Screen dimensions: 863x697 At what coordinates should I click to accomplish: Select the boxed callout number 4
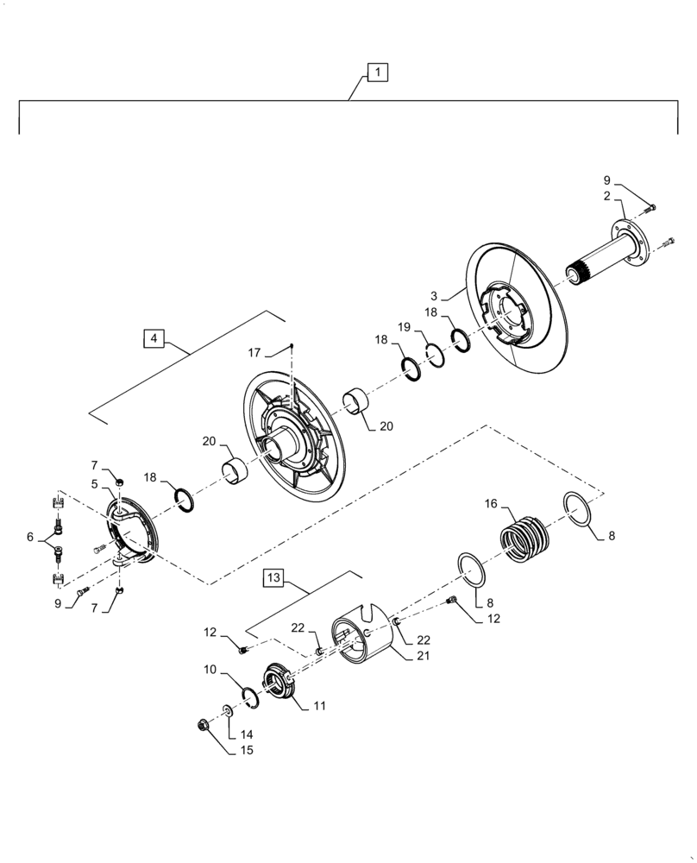[x=153, y=338]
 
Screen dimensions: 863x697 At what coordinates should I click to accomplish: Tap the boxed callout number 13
[x=273, y=576]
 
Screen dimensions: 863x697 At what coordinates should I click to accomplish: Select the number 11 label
[x=318, y=706]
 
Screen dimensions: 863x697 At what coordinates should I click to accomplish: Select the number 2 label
[x=607, y=197]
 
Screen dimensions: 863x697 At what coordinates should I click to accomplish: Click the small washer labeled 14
[x=228, y=710]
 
